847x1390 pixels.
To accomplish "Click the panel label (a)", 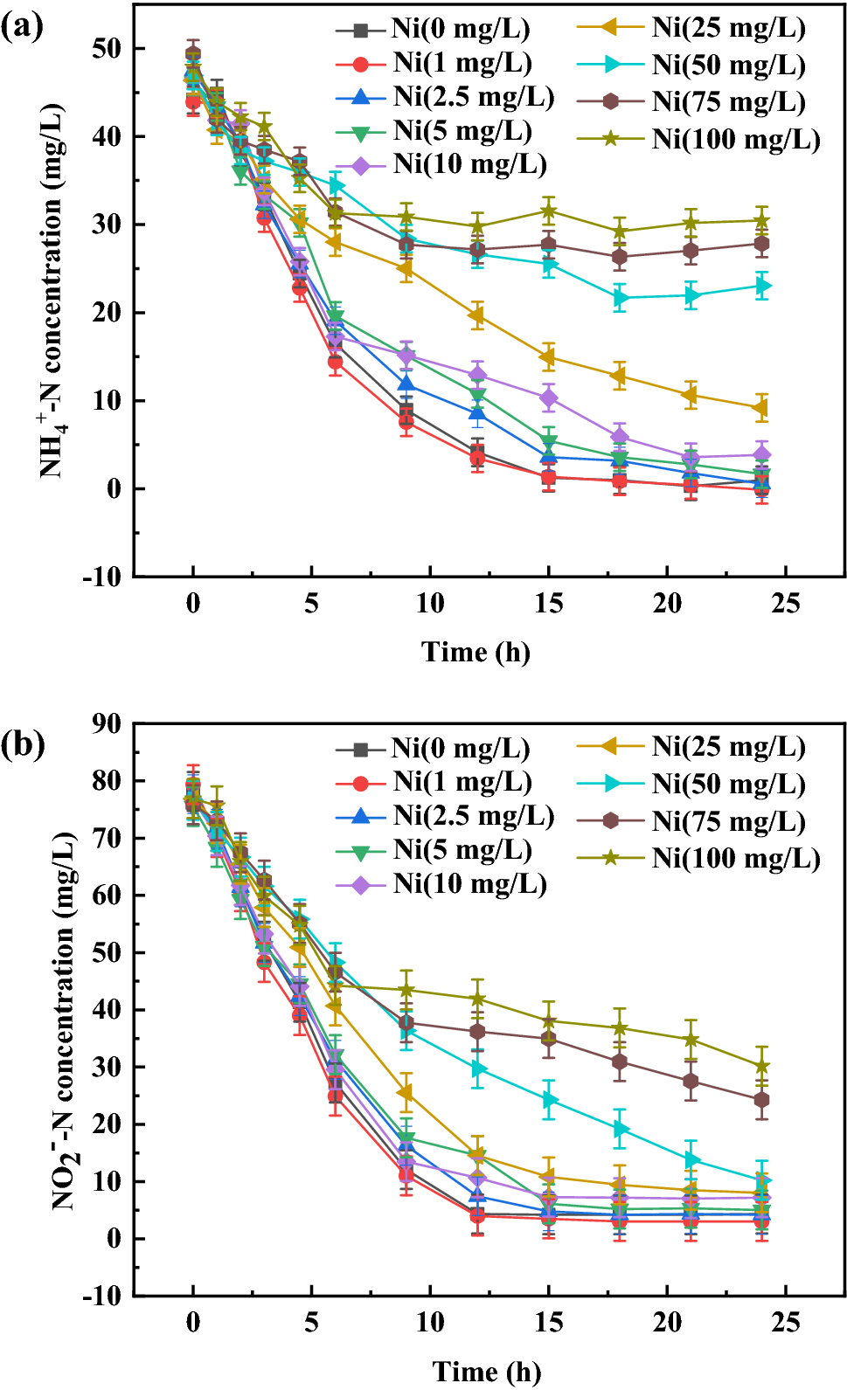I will click(23, 27).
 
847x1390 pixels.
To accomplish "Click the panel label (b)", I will click(23, 745).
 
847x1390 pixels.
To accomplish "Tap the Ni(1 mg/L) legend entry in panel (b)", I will click(462, 782).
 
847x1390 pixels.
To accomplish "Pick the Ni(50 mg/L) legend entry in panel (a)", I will click(728, 65).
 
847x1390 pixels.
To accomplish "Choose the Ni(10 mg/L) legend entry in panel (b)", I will click(469, 883).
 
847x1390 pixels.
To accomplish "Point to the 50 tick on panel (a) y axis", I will click(106, 48).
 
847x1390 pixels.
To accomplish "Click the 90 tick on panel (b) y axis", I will click(106, 723).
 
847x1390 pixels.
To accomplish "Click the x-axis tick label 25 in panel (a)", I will click(786, 604).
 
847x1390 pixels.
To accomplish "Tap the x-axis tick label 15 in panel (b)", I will click(548, 1323).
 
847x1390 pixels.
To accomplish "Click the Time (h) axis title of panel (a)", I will click(476, 652).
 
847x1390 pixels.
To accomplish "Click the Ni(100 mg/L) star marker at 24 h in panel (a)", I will click(761, 220).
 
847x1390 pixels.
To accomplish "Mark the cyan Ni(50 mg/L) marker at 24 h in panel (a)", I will click(762, 286).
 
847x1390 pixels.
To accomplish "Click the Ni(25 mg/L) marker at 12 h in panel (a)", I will click(477, 315).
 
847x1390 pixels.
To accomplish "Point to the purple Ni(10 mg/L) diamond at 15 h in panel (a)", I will click(548, 398).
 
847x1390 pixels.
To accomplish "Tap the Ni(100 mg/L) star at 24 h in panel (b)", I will click(761, 1066).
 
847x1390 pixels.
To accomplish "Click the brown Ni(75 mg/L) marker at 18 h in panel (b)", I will click(620, 1062).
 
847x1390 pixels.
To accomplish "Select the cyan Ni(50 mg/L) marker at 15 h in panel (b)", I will click(549, 1099).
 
